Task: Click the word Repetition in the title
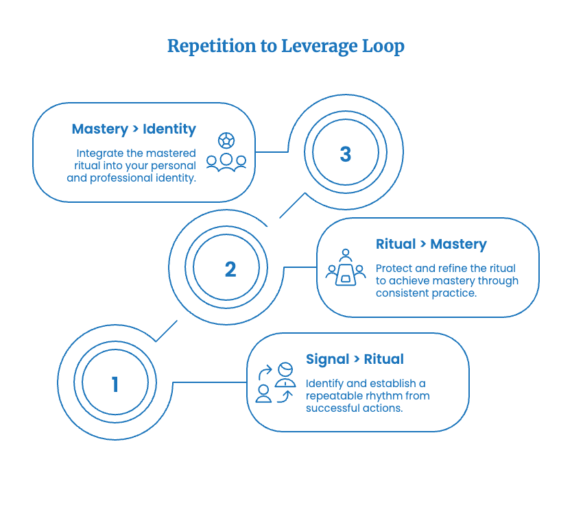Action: coord(211,47)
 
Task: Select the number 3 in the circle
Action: coord(346,153)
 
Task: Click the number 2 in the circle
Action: coord(230,269)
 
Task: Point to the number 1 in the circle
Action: coord(115,384)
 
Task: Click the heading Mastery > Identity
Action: coord(134,129)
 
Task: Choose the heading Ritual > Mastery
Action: coord(431,244)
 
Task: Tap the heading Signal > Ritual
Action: coord(355,359)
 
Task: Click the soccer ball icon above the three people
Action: coord(226,140)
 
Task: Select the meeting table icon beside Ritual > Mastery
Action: coord(346,267)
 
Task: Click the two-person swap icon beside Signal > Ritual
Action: coord(276,382)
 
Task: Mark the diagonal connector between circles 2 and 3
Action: coord(292,206)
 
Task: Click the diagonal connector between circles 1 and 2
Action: coord(167,331)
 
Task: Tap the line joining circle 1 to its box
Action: coord(210,382)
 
